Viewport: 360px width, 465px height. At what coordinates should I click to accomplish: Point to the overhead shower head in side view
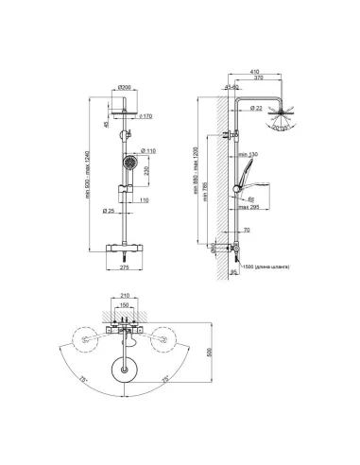pos(282,118)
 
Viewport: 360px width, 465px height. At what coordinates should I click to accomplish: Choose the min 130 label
pos(249,154)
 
